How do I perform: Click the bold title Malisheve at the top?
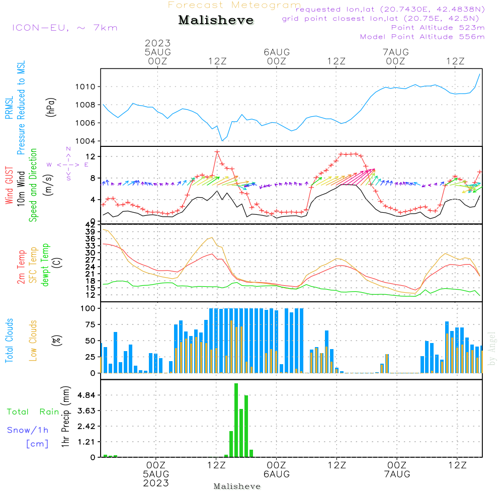(216, 20)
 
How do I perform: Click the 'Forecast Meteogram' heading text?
(234, 5)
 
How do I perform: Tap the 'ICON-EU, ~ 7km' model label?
(64, 27)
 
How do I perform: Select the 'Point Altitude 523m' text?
(438, 28)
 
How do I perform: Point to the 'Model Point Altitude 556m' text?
(423, 37)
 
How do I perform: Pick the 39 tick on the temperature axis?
(91, 231)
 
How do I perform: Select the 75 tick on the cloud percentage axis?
(90, 324)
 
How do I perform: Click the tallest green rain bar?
(236, 420)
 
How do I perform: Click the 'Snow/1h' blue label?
(28, 430)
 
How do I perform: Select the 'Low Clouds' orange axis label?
(33, 340)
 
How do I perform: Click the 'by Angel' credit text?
(492, 349)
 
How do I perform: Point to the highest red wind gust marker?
(217, 151)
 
